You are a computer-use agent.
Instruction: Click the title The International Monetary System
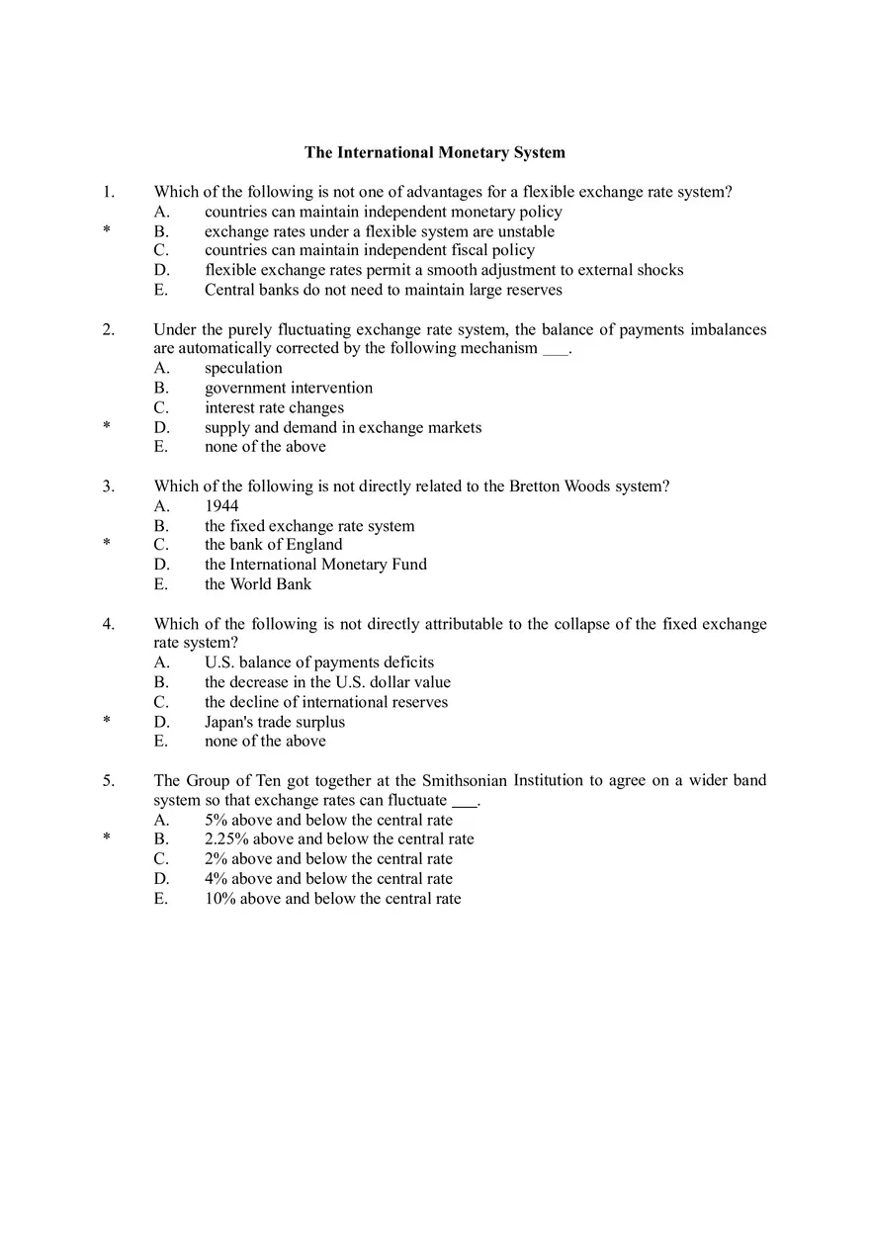click(x=435, y=152)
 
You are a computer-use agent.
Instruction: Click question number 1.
click(x=108, y=192)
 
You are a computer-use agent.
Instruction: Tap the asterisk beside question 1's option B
click(x=106, y=231)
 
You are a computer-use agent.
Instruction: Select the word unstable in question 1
click(x=526, y=231)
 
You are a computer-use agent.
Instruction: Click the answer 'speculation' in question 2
click(x=243, y=368)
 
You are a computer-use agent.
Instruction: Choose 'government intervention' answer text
click(x=289, y=388)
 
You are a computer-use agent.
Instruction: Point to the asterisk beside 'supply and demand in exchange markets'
click(x=106, y=427)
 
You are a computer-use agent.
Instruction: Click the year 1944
click(x=221, y=505)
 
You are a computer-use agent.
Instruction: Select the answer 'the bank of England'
click(x=273, y=545)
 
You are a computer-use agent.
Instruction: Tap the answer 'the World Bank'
click(x=257, y=583)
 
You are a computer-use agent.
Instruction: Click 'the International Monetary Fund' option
click(x=315, y=565)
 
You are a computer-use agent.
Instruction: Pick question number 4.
click(x=108, y=623)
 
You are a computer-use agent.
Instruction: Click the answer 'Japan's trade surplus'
click(x=275, y=722)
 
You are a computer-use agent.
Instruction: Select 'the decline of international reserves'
click(x=326, y=702)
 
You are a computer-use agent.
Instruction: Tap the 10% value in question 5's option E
click(x=219, y=899)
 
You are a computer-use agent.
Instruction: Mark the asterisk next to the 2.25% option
click(x=106, y=838)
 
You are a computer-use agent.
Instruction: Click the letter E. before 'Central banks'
click(x=161, y=290)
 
